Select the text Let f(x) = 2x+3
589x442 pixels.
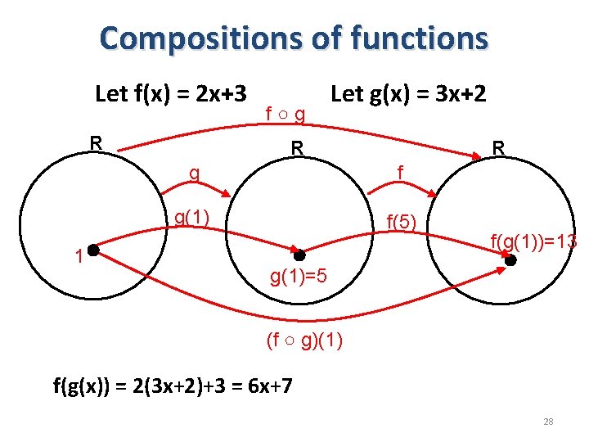[x=172, y=93]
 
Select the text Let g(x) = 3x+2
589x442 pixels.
[x=408, y=93]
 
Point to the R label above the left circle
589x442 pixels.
[x=96, y=142]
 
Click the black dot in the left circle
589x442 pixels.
[x=93, y=250]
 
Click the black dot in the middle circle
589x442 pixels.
[x=299, y=255]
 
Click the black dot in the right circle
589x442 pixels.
[x=511, y=260]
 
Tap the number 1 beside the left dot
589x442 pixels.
[x=78, y=256]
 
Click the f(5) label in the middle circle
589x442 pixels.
[x=402, y=221]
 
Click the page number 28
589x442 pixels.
[x=548, y=422]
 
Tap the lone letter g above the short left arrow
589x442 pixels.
[x=194, y=174]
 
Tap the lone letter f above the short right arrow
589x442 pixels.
[x=399, y=174]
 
